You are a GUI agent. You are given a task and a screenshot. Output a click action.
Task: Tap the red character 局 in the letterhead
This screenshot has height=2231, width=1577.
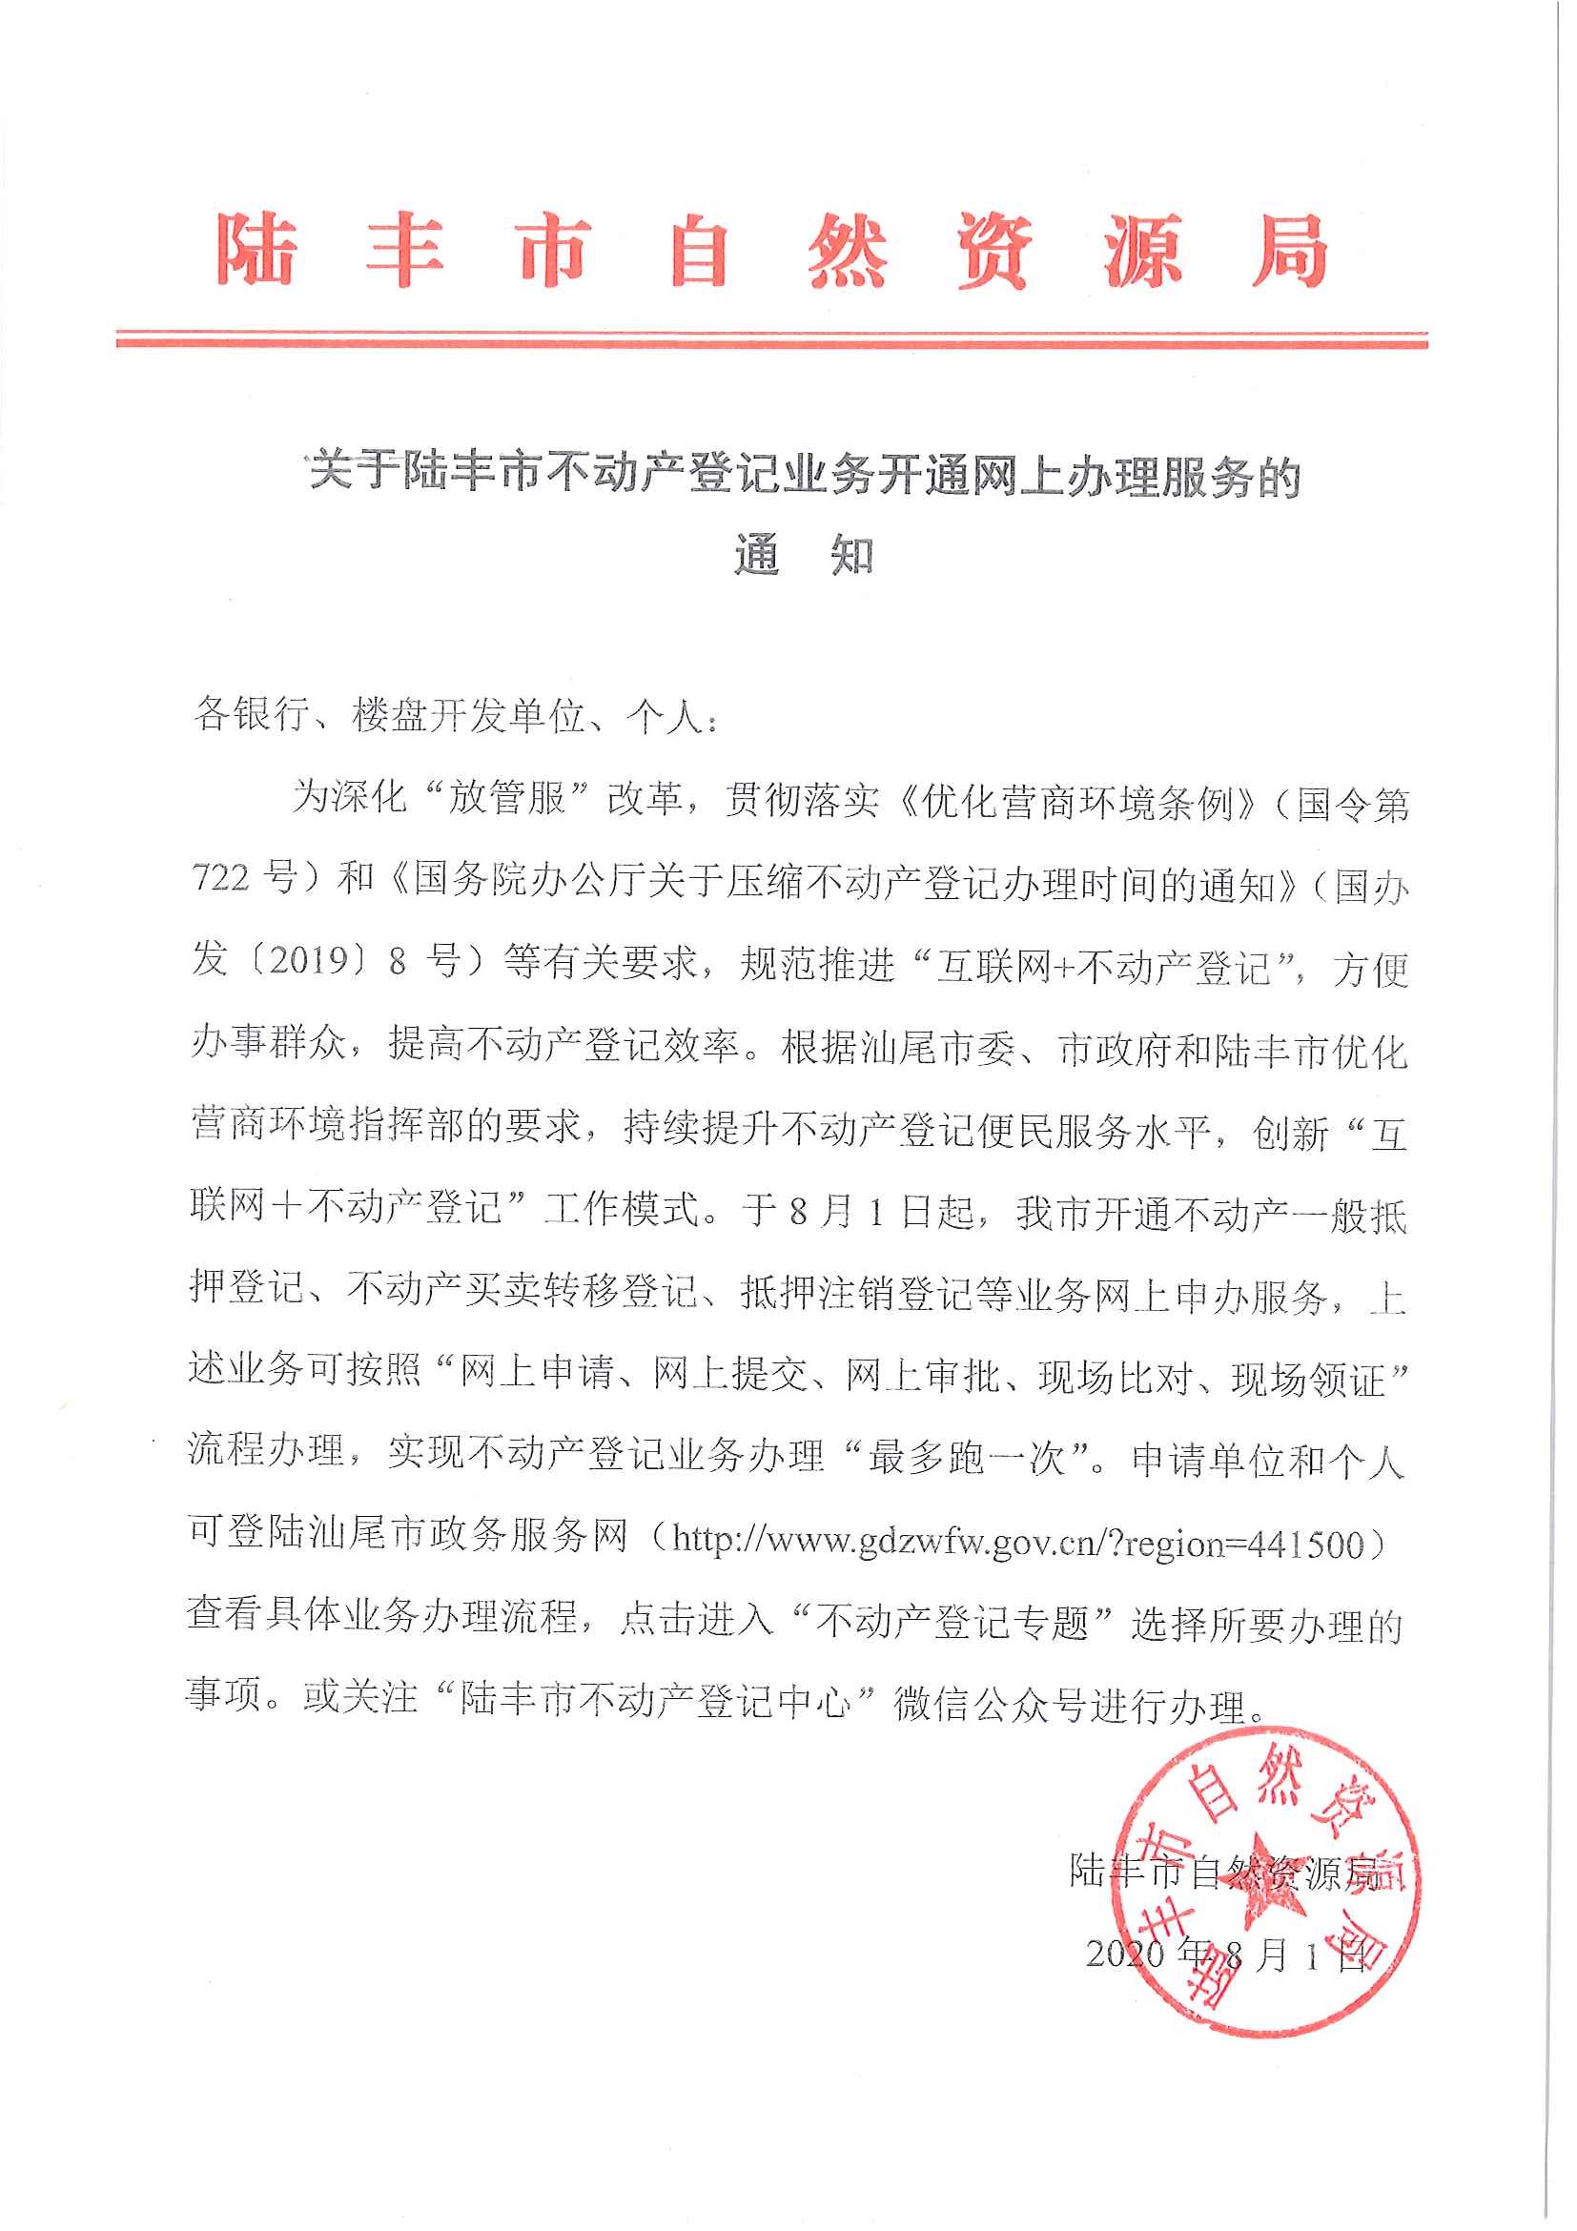pyautogui.click(x=1289, y=250)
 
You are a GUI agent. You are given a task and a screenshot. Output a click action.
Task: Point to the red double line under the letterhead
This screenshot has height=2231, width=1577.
pyautogui.click(x=771, y=339)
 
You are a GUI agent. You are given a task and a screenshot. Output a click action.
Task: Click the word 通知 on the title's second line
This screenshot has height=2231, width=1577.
pyautogui.click(x=804, y=557)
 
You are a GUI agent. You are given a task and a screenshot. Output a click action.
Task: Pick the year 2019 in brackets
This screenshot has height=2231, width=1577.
pyautogui.click(x=309, y=960)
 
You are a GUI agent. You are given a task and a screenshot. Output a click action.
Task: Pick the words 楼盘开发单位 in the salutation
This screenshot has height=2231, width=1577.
pyautogui.click(x=468, y=717)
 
